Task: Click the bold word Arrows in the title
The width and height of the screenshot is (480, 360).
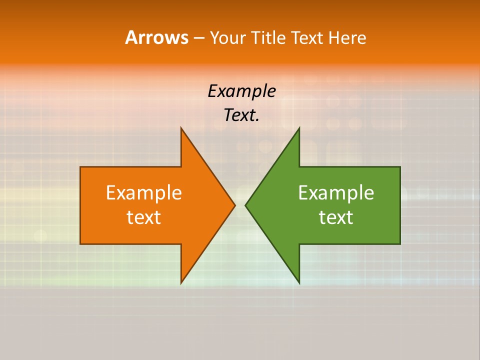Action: click(156, 37)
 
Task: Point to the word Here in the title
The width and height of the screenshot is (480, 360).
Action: click(347, 37)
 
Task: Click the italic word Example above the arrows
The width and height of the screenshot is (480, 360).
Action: click(241, 91)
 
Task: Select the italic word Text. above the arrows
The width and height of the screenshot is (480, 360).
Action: click(241, 115)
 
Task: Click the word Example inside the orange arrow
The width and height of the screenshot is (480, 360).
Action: click(144, 193)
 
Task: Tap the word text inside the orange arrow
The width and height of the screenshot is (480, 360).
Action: click(144, 217)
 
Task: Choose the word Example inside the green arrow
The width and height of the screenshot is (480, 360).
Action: click(336, 193)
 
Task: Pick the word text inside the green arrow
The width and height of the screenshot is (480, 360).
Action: click(336, 217)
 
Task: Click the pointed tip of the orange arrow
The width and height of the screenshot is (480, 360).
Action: click(234, 205)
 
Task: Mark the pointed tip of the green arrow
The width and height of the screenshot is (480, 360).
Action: click(245, 205)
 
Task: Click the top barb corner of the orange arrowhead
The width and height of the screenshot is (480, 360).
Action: click(181, 128)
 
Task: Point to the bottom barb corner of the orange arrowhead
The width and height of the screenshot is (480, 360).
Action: click(181, 283)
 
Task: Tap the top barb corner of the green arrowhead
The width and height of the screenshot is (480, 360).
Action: click(299, 128)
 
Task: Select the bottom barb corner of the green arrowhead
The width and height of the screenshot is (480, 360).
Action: click(299, 283)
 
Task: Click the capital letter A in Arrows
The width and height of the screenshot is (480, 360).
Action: click(131, 37)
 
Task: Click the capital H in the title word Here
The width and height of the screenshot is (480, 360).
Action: click(333, 37)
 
